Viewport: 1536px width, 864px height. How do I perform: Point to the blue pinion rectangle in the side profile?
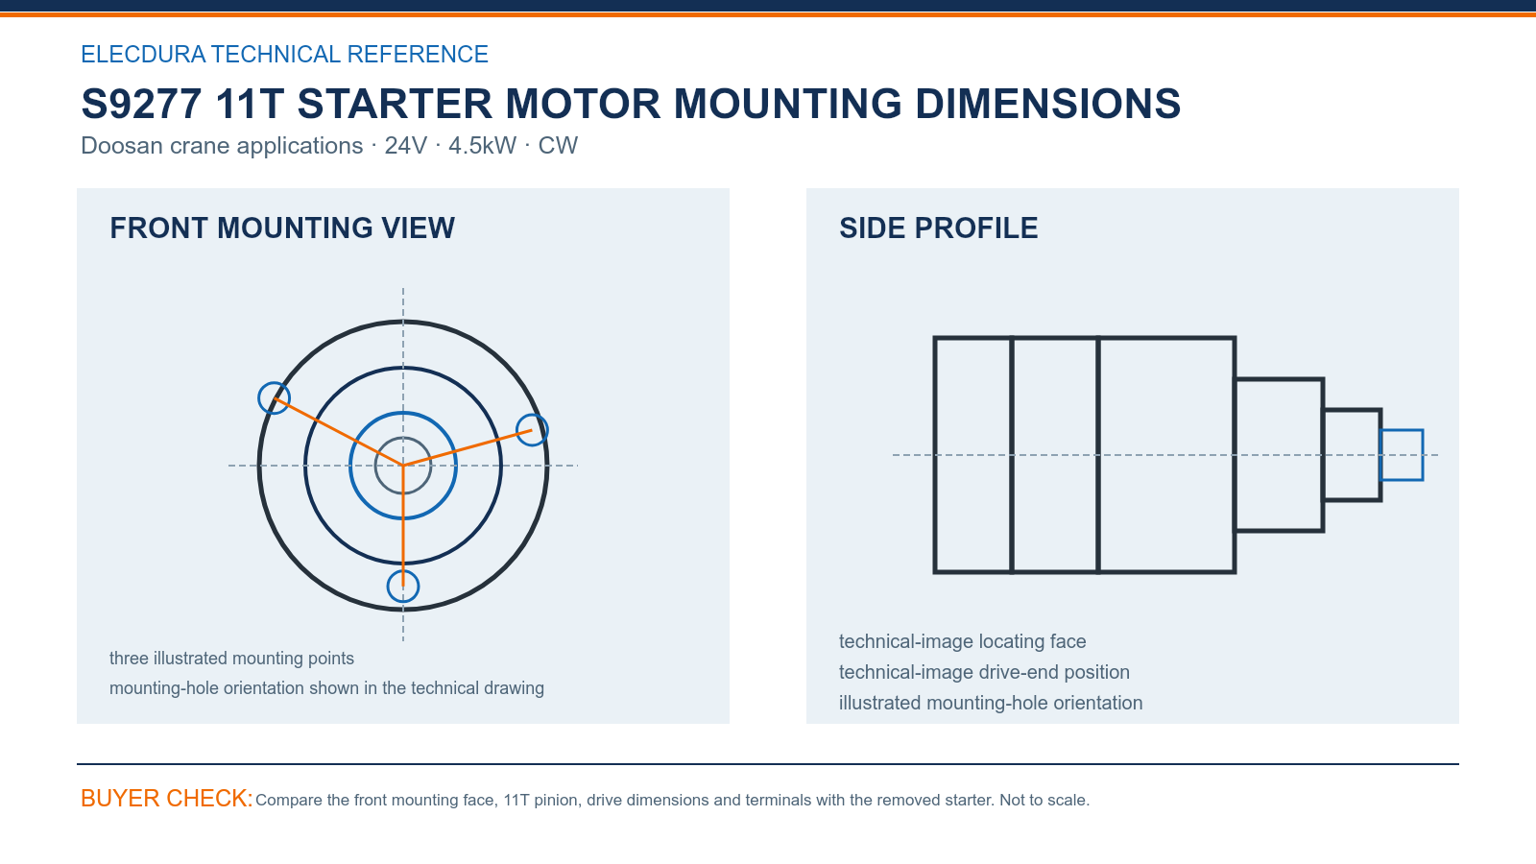coord(1402,431)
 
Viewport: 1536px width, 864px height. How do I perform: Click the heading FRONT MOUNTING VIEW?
coord(282,228)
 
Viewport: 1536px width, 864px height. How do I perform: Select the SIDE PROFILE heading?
coord(938,228)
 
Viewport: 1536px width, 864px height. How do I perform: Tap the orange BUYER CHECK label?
coord(167,798)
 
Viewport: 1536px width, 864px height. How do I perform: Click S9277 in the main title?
coord(140,104)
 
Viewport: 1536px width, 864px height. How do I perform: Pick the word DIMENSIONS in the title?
coord(1047,104)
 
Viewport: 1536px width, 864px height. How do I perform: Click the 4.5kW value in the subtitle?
coord(482,145)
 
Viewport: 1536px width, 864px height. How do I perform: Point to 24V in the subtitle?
coord(405,145)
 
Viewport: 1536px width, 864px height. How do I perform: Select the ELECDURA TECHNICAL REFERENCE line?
coord(284,54)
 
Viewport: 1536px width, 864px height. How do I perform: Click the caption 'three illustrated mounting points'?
coord(231,659)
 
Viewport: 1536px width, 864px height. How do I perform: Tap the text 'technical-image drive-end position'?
coord(984,672)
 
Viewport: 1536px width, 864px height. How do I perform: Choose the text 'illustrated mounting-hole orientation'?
coord(991,703)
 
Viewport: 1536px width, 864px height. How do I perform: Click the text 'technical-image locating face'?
coord(963,641)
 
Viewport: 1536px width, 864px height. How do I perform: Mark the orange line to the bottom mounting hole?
coord(403,526)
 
